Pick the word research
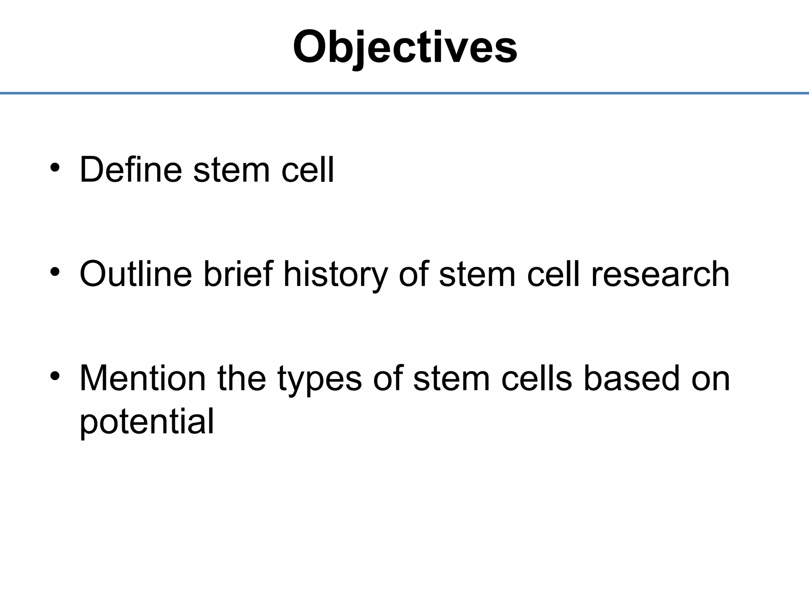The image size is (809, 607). coord(660,275)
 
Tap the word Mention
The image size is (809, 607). coord(143,378)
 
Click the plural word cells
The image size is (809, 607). coord(537,378)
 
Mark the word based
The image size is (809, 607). coord(632,378)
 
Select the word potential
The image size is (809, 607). coord(147,421)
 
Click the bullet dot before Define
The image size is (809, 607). coord(55,168)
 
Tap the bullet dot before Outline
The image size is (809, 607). coord(55,271)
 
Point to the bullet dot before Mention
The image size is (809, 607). coord(55,376)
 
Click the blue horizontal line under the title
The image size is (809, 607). coord(404,93)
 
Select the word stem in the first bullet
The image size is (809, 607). coord(231,170)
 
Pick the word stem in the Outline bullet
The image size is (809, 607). coord(477,275)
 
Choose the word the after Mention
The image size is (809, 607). coord(242,378)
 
